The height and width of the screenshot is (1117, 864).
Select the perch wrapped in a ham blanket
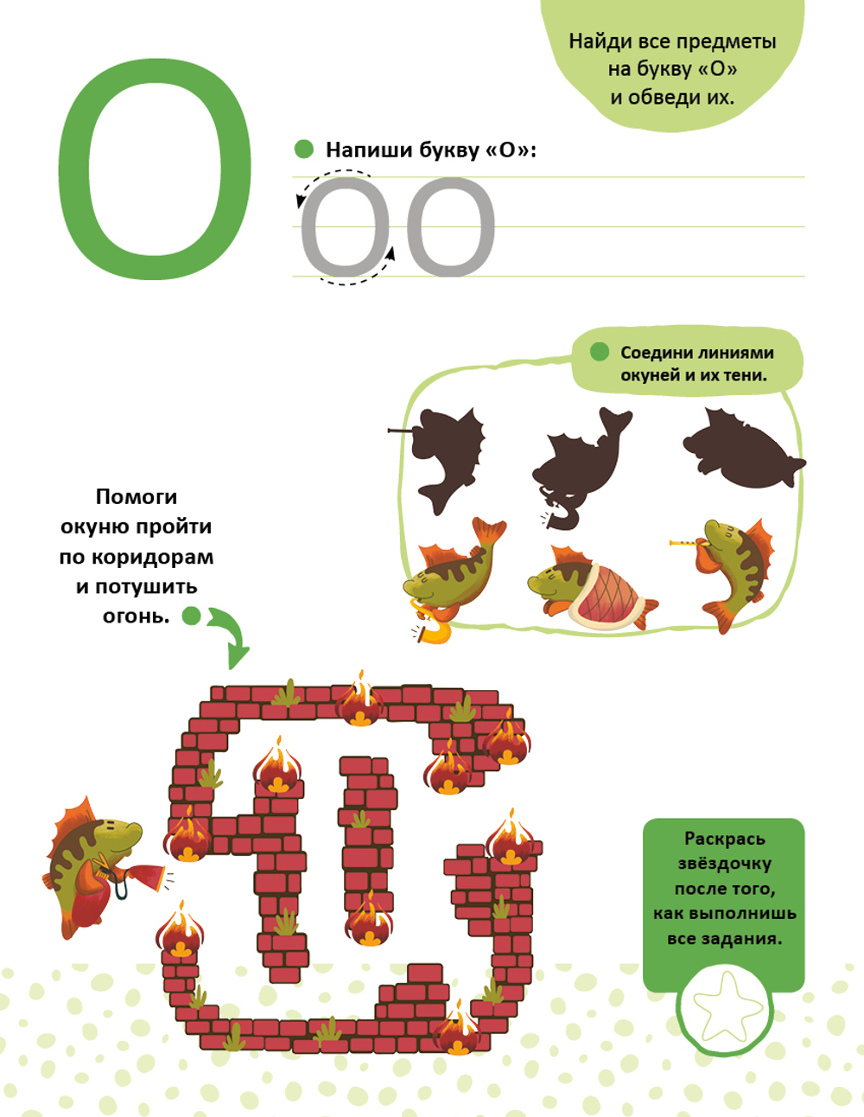click(x=592, y=589)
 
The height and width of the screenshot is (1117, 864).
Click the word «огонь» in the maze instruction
click(x=137, y=615)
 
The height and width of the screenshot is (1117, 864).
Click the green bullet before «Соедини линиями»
click(x=600, y=352)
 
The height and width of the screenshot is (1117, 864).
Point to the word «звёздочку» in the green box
click(x=724, y=863)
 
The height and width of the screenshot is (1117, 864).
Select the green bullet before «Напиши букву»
click(x=304, y=149)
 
